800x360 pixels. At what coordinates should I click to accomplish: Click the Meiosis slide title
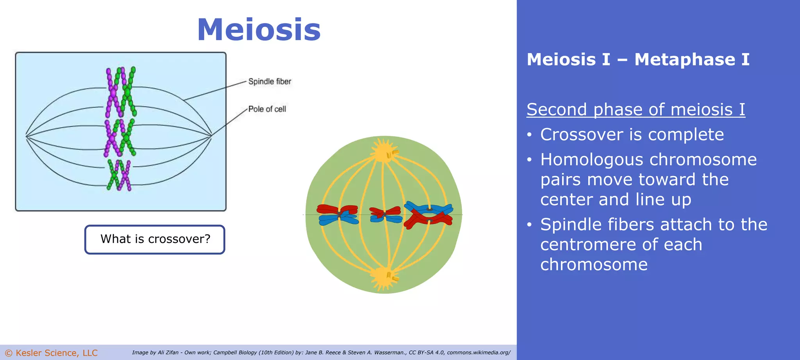259,30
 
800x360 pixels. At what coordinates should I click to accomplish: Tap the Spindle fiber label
270,82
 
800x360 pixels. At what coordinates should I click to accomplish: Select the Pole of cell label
267,109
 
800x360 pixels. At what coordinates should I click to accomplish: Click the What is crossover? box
155,239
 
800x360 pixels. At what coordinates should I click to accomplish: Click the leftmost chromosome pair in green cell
337,214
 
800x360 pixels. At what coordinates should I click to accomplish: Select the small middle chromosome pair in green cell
385,214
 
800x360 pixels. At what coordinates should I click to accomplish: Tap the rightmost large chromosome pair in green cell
429,214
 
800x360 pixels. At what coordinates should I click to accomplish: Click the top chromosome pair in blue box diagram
121,92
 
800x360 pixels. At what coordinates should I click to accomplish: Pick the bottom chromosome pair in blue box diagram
119,175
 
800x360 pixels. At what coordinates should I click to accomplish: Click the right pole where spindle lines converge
211,136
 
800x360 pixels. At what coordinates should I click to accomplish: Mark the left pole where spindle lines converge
26,136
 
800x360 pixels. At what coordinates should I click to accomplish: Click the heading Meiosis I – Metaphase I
638,60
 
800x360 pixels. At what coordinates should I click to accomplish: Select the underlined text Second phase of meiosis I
636,109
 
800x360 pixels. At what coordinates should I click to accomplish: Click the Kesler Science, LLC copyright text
51,353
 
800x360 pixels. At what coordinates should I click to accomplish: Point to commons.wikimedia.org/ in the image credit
479,353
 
